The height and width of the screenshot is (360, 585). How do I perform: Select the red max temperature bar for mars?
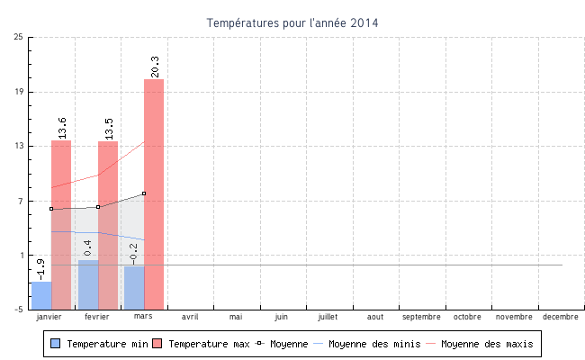pos(154,193)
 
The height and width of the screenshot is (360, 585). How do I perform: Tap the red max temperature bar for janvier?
pos(61,224)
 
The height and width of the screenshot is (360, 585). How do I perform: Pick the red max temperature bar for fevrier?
pos(108,225)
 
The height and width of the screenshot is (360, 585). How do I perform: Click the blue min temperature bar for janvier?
pos(41,295)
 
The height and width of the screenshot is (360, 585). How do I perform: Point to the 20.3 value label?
pos(155,66)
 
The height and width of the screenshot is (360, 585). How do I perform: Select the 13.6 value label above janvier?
pos(62,127)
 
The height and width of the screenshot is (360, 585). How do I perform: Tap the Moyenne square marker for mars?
pos(144,193)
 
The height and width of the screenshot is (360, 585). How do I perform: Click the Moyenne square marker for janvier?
pos(51,209)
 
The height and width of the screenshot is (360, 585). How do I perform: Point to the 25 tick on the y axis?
pos(19,37)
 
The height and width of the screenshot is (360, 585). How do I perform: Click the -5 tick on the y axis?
pos(19,310)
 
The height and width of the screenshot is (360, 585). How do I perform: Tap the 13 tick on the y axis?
pos(19,146)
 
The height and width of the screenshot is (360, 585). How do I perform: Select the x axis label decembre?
pos(561,317)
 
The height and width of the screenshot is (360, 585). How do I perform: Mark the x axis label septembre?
pos(421,317)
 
